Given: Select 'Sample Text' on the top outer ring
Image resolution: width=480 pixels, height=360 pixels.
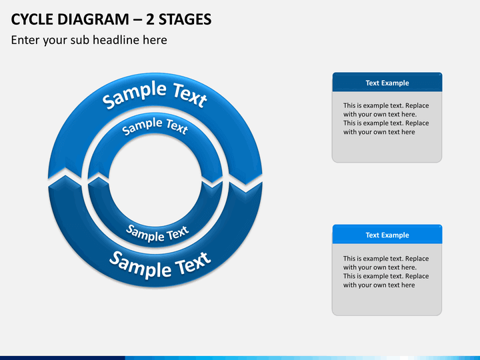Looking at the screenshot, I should click(154, 94).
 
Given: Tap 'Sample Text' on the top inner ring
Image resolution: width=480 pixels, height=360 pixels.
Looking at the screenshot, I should click(155, 125).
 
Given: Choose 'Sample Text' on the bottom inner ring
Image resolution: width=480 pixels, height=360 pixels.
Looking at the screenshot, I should click(157, 233).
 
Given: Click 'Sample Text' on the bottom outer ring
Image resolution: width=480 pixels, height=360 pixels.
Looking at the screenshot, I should click(159, 264).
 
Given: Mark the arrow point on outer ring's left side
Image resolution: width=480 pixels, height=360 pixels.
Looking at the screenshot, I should click(61, 171).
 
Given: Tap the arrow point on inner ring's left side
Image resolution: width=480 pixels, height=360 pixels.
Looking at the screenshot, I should click(99, 175).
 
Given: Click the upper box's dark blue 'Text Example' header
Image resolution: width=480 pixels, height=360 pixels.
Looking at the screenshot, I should click(387, 83).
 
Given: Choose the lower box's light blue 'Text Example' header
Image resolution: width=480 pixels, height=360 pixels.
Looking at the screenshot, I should click(387, 235).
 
